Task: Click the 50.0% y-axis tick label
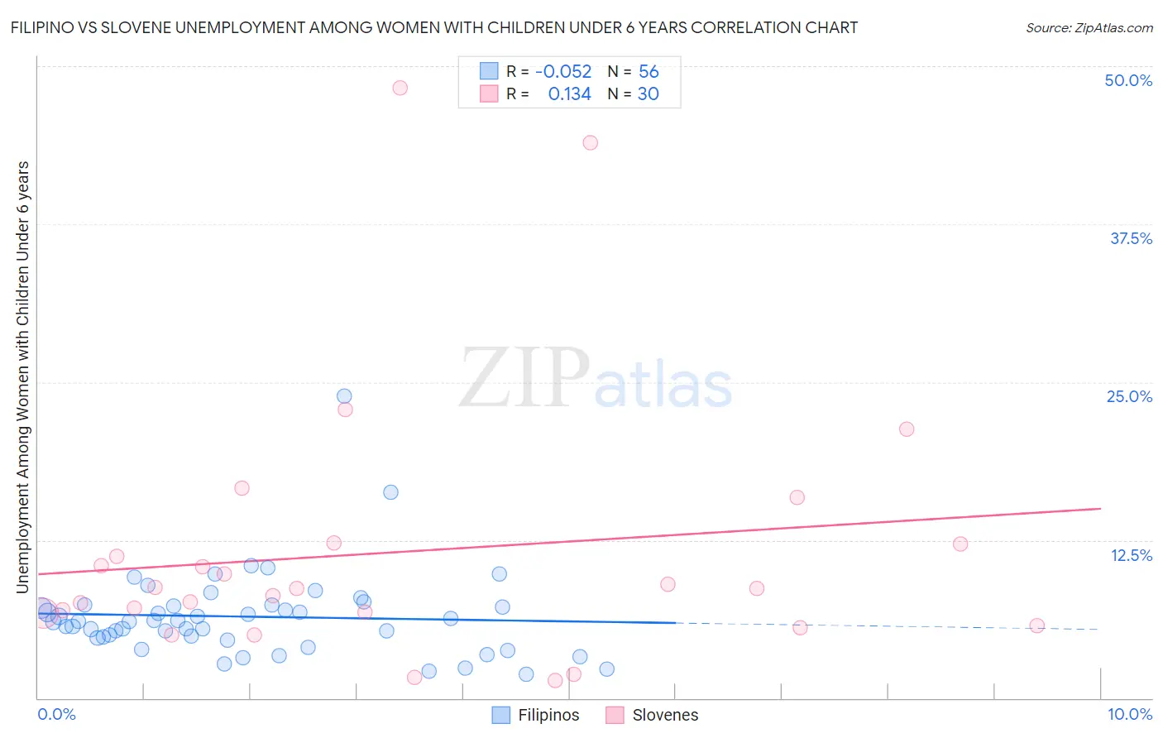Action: click(x=1128, y=80)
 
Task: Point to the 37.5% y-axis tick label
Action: click(x=1131, y=238)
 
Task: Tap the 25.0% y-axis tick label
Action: click(x=1129, y=396)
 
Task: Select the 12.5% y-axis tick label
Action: click(x=1131, y=555)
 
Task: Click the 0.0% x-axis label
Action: click(x=56, y=715)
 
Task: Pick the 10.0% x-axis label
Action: click(x=1129, y=715)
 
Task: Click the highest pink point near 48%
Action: click(x=400, y=88)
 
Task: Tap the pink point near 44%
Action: click(x=590, y=142)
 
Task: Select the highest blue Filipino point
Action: click(x=344, y=396)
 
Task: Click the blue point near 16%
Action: click(x=390, y=492)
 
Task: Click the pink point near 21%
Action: click(x=907, y=429)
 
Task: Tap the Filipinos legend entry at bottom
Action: click(x=535, y=715)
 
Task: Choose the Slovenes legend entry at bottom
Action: click(x=652, y=715)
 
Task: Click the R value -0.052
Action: click(x=563, y=72)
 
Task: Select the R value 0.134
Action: click(x=570, y=94)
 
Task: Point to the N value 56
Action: click(x=649, y=72)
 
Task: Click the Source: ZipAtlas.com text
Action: click(x=1089, y=28)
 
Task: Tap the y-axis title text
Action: click(x=22, y=376)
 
